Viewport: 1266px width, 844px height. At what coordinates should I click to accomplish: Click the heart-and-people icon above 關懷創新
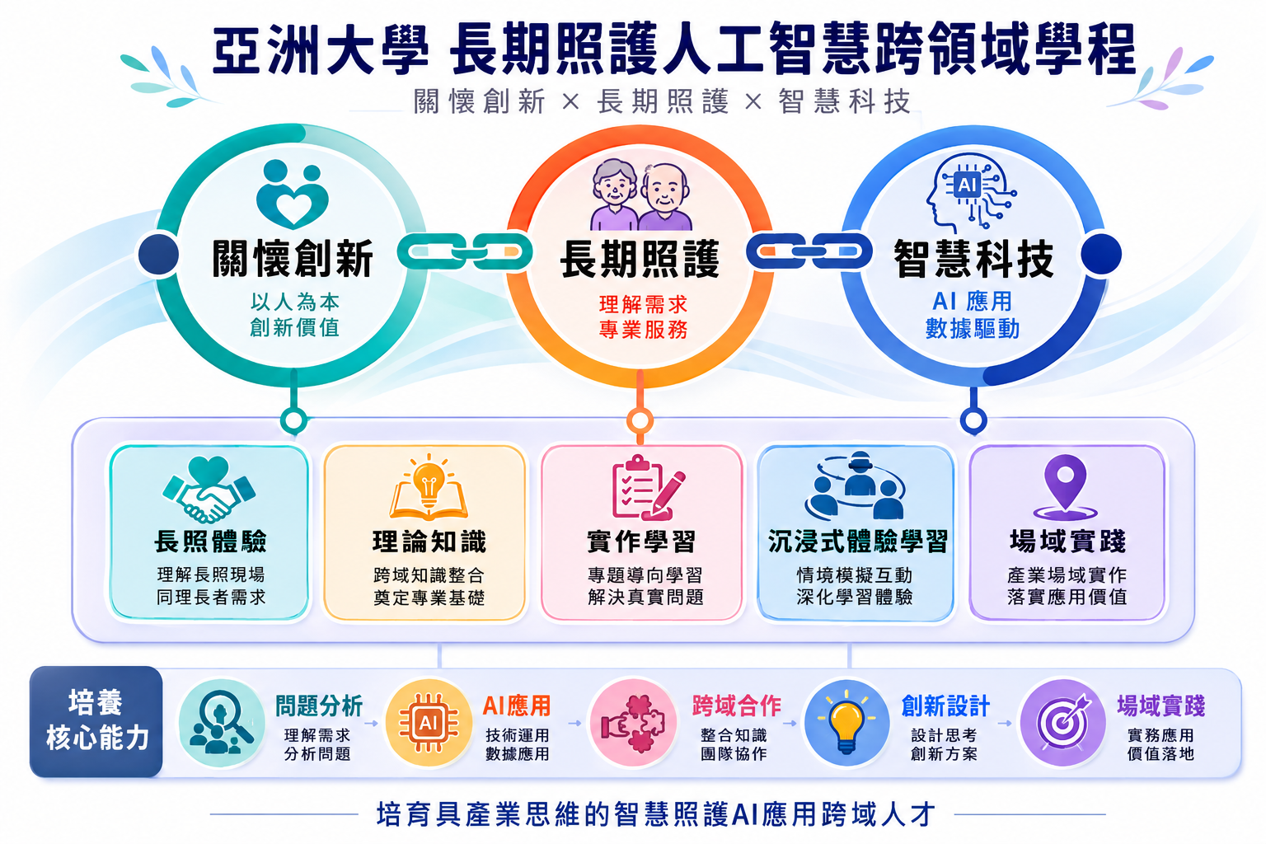(x=293, y=194)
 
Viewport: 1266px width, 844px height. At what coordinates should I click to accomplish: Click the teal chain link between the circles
(x=465, y=251)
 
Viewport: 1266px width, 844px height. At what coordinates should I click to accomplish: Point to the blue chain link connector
(x=809, y=251)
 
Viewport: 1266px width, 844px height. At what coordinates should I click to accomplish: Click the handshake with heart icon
(x=209, y=490)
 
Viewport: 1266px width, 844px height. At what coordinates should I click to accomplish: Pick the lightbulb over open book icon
(x=429, y=487)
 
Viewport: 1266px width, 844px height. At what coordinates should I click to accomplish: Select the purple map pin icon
(x=1066, y=487)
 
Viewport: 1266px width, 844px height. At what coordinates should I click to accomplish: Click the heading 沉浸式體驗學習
(x=857, y=542)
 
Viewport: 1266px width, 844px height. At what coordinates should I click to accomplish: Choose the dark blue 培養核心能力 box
(x=96, y=721)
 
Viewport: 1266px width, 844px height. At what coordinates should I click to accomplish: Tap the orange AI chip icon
(x=429, y=723)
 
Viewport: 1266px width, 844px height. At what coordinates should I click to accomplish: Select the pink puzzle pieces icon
(x=634, y=723)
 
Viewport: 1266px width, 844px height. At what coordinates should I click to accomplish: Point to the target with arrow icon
(x=1062, y=723)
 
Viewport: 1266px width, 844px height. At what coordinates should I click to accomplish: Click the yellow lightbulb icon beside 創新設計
(x=846, y=723)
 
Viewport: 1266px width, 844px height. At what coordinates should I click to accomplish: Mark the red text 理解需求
(x=643, y=305)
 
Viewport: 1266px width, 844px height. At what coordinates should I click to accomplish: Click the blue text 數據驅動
(x=972, y=328)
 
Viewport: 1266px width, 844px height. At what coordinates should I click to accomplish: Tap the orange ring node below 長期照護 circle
(x=640, y=421)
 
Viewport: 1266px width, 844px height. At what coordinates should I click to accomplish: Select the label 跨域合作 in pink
(x=737, y=706)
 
